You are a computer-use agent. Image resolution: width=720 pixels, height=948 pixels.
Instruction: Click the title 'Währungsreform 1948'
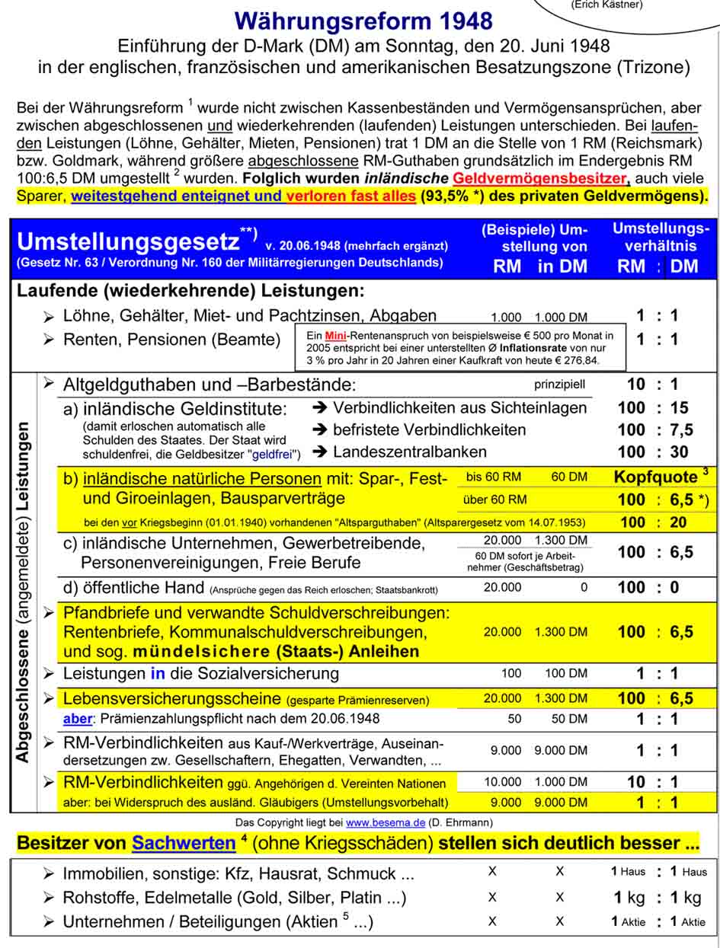pyautogui.click(x=364, y=20)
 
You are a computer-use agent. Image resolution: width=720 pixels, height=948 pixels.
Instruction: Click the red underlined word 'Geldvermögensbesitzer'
pyautogui.click(x=540, y=179)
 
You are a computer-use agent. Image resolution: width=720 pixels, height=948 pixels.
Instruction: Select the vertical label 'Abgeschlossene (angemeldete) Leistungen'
pyautogui.click(x=24, y=592)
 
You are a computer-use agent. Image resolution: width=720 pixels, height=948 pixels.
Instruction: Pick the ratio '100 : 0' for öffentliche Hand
pyautogui.click(x=658, y=587)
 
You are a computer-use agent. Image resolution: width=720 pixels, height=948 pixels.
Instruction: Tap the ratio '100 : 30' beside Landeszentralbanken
pyautogui.click(x=658, y=452)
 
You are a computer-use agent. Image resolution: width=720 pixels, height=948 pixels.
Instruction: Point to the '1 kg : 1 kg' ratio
pyautogui.click(x=658, y=897)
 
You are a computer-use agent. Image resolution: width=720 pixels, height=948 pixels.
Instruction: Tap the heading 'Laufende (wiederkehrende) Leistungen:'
pyautogui.click(x=190, y=291)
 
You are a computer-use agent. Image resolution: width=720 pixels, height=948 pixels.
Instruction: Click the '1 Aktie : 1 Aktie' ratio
pyautogui.click(x=658, y=921)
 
